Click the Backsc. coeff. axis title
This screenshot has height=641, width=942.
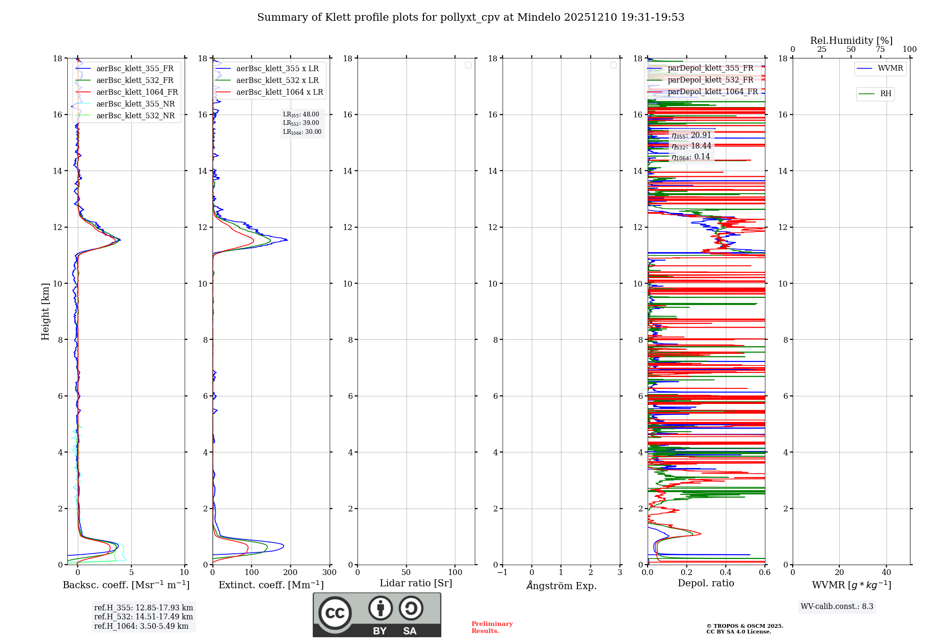click(x=126, y=585)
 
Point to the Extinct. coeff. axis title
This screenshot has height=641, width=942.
click(x=271, y=585)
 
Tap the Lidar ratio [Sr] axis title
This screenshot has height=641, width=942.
click(x=416, y=583)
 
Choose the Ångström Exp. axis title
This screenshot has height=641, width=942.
click(x=561, y=586)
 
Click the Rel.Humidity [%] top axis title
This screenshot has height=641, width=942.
click(x=851, y=41)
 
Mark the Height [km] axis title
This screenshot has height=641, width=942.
click(x=45, y=312)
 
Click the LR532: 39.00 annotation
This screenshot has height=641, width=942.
click(x=301, y=123)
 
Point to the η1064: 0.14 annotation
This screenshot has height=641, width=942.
click(x=690, y=157)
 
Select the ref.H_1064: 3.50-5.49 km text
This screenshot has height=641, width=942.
click(x=141, y=626)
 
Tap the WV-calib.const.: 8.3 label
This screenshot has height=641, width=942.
click(x=837, y=607)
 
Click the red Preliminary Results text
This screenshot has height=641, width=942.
click(x=492, y=627)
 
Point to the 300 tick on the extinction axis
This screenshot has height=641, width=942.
click(x=330, y=573)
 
